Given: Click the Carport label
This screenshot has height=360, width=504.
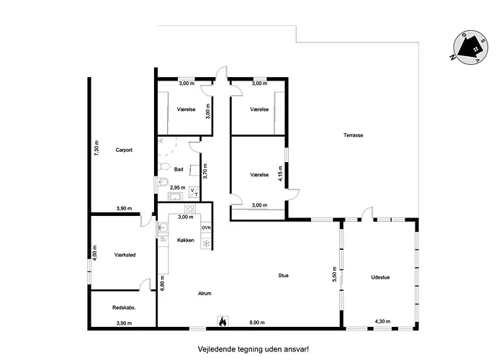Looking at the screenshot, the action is tap(124, 150).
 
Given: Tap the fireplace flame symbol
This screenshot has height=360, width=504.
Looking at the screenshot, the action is tap(222, 321).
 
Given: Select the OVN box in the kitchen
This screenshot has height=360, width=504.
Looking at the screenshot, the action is tap(206, 228).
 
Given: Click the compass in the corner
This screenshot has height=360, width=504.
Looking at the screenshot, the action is tap(471, 47).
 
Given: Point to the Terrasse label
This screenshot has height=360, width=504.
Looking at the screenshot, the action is tap(354, 135).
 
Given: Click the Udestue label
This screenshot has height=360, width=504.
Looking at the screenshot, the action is tap(380, 277).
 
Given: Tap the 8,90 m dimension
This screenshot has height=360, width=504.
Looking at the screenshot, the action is tap(257, 323).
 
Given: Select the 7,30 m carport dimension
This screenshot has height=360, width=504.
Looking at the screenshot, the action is tap(96, 148).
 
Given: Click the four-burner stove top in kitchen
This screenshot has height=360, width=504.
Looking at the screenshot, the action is tap(190, 209).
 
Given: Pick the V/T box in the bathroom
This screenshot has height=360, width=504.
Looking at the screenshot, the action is tap(194, 192).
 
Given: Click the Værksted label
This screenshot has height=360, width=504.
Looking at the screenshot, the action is tap(125, 255).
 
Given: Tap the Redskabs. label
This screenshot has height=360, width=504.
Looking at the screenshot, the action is tap(124, 307).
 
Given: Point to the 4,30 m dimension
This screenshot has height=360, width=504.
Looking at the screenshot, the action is tap(382, 321).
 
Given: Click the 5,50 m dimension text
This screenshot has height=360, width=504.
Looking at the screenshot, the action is tap(334, 274).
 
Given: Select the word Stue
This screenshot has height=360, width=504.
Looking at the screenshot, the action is tap(283, 276).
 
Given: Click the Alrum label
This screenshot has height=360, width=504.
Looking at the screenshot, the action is tap(204, 294).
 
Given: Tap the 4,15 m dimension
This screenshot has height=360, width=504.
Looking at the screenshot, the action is tap(280, 174).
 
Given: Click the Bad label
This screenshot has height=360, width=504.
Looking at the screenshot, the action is tap(179, 169).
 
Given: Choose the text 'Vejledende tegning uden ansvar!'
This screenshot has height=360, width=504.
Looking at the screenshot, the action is tap(253, 349).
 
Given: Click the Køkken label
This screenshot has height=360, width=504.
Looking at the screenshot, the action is tap(186, 240).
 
